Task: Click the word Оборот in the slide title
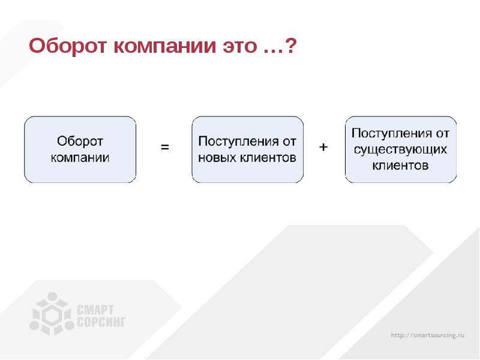tap(65, 46)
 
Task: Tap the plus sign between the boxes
tap(323, 146)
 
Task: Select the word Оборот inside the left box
tap(80, 142)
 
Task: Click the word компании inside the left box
tap(80, 158)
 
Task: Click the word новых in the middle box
tap(218, 158)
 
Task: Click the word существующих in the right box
tap(400, 148)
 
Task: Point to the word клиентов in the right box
tap(400, 164)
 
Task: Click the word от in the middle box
tap(290, 142)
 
